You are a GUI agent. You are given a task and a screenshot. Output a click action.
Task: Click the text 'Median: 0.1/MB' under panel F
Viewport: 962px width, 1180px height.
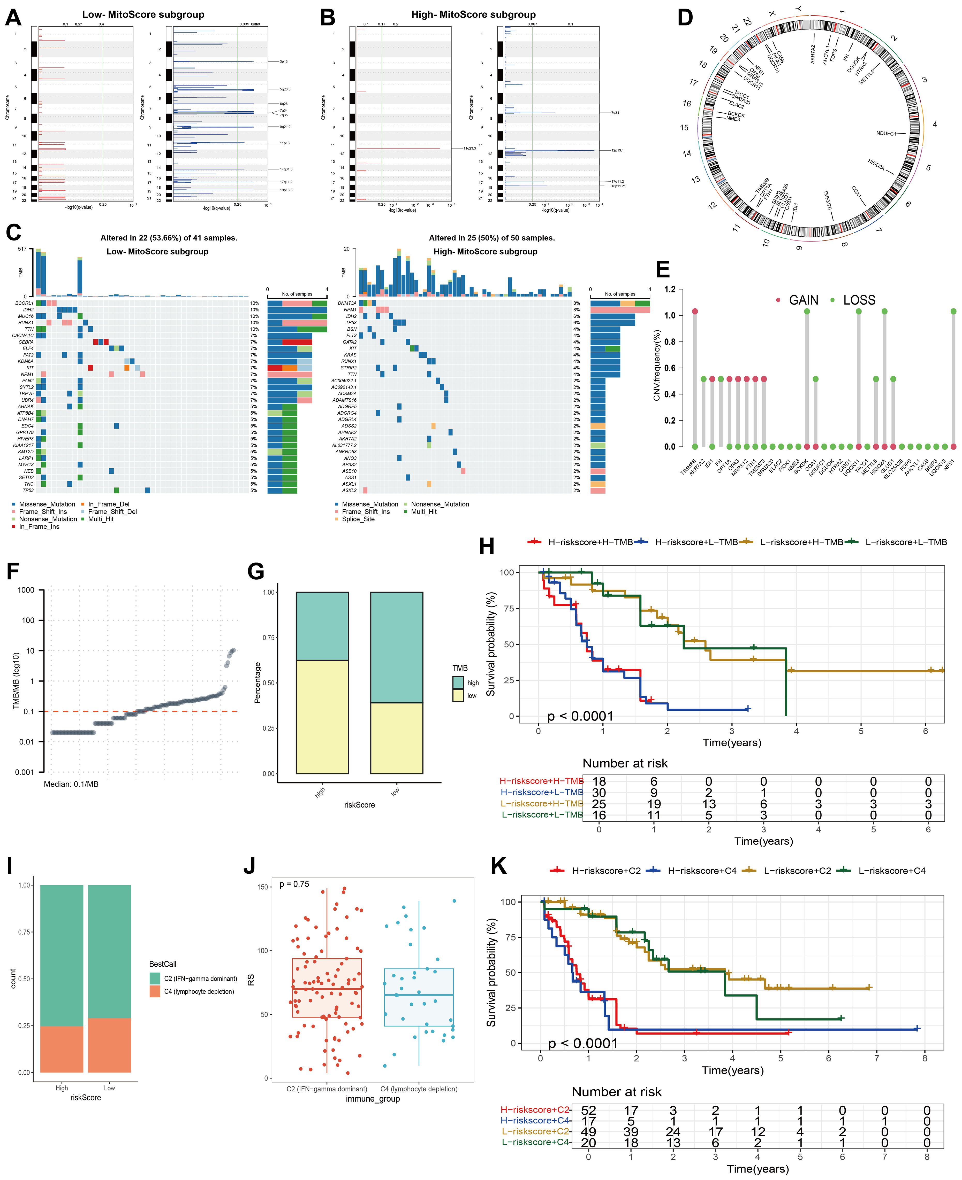[71, 784]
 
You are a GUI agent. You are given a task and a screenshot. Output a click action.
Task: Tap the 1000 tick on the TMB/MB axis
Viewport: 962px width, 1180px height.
[26, 590]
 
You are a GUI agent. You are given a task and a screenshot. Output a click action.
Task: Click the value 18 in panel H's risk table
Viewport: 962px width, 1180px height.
[599, 781]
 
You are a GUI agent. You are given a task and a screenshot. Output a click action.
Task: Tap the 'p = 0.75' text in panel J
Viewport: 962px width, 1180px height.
[294, 884]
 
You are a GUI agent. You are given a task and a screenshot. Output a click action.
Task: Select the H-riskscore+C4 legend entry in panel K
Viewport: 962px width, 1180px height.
[702, 871]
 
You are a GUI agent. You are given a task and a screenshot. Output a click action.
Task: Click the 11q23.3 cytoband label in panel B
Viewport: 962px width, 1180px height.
[470, 148]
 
